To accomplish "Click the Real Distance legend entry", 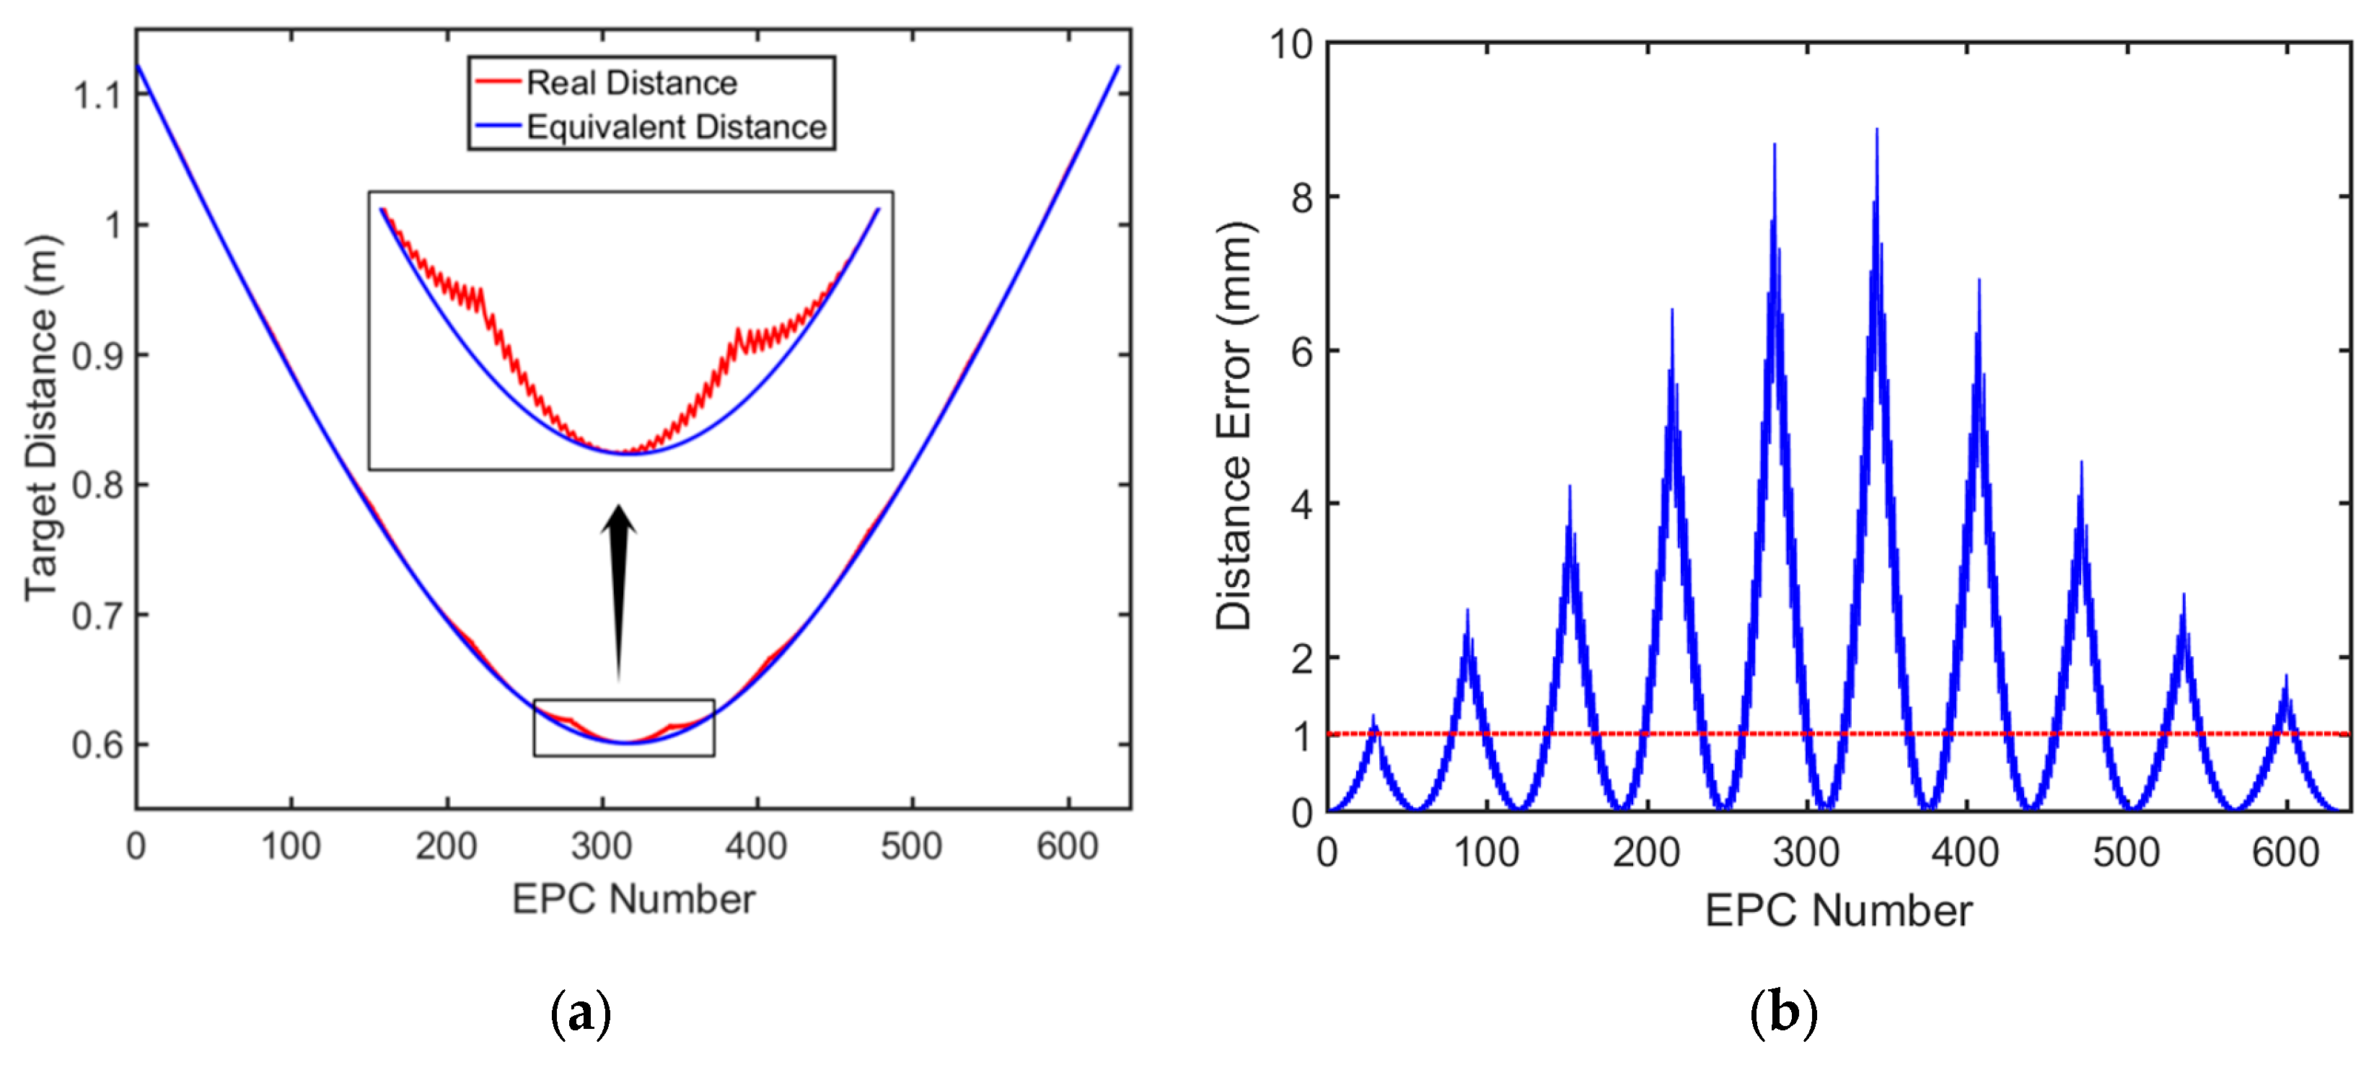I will [x=630, y=83].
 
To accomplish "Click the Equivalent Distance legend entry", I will [x=675, y=127].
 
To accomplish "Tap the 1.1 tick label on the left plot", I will [x=97, y=95].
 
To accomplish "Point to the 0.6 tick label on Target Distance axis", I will [x=97, y=745].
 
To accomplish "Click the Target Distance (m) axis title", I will [x=41, y=420].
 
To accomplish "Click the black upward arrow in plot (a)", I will [x=618, y=590].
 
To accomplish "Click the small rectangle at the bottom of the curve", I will [x=624, y=728].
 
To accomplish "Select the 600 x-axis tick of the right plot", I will [x=2285, y=853].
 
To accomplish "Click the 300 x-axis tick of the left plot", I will [x=601, y=846].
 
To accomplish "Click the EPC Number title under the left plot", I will [x=633, y=899].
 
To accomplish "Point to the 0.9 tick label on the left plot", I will [x=97, y=356].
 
